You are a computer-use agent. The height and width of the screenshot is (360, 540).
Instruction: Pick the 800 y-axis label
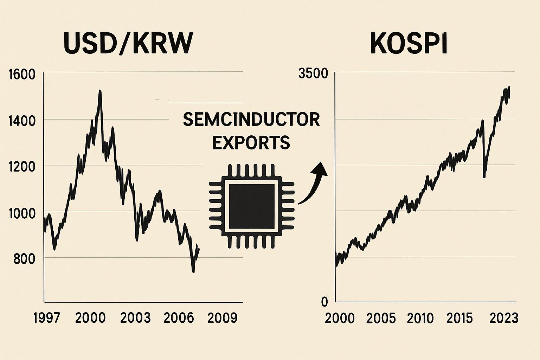click(24, 259)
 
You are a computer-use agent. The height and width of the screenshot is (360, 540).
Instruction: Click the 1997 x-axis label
click(47, 318)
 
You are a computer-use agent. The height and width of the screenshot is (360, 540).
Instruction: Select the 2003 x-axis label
click(135, 318)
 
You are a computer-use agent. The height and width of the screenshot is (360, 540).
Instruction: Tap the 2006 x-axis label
click(179, 318)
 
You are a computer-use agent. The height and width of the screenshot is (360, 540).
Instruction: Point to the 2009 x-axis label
click(223, 318)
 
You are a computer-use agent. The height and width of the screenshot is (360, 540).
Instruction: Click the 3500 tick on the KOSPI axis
click(313, 74)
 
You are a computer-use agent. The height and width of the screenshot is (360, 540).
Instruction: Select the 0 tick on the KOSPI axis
click(324, 302)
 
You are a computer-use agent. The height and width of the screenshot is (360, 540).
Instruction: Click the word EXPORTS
click(251, 143)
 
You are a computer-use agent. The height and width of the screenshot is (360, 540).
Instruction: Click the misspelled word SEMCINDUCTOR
click(251, 120)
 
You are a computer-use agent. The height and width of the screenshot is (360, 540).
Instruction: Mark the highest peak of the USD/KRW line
click(100, 91)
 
